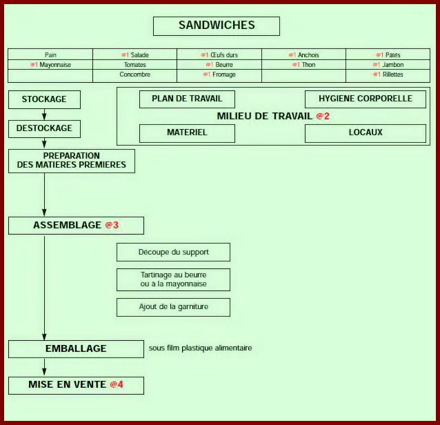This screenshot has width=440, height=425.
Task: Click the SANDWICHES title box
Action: [217, 26]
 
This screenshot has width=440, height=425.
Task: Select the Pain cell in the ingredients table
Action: [50, 55]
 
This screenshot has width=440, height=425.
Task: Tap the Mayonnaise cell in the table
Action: [50, 65]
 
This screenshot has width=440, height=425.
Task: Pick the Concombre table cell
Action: [134, 75]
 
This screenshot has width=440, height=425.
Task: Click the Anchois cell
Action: [304, 55]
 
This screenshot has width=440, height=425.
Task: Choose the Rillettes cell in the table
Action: [388, 75]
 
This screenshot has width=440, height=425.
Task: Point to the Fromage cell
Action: [219, 75]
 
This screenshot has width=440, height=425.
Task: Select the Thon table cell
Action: [304, 65]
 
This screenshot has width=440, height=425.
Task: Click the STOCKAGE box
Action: [44, 99]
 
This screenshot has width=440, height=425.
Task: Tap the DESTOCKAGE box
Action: [44, 128]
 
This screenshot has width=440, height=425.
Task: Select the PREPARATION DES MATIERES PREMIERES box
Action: [72, 160]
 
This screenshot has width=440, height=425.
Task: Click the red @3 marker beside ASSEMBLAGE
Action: [112, 225]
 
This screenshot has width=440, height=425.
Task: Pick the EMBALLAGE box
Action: [76, 348]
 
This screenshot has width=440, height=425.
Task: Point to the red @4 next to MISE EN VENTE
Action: [117, 384]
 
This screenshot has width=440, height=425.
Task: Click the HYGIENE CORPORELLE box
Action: [366, 99]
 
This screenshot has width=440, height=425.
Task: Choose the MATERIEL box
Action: [187, 132]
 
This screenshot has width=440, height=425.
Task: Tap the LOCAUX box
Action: [366, 132]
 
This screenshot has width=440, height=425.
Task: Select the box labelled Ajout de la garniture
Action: [173, 306]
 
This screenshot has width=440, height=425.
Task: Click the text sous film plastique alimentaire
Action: [200, 348]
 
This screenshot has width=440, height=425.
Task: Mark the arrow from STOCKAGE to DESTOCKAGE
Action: [44, 115]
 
